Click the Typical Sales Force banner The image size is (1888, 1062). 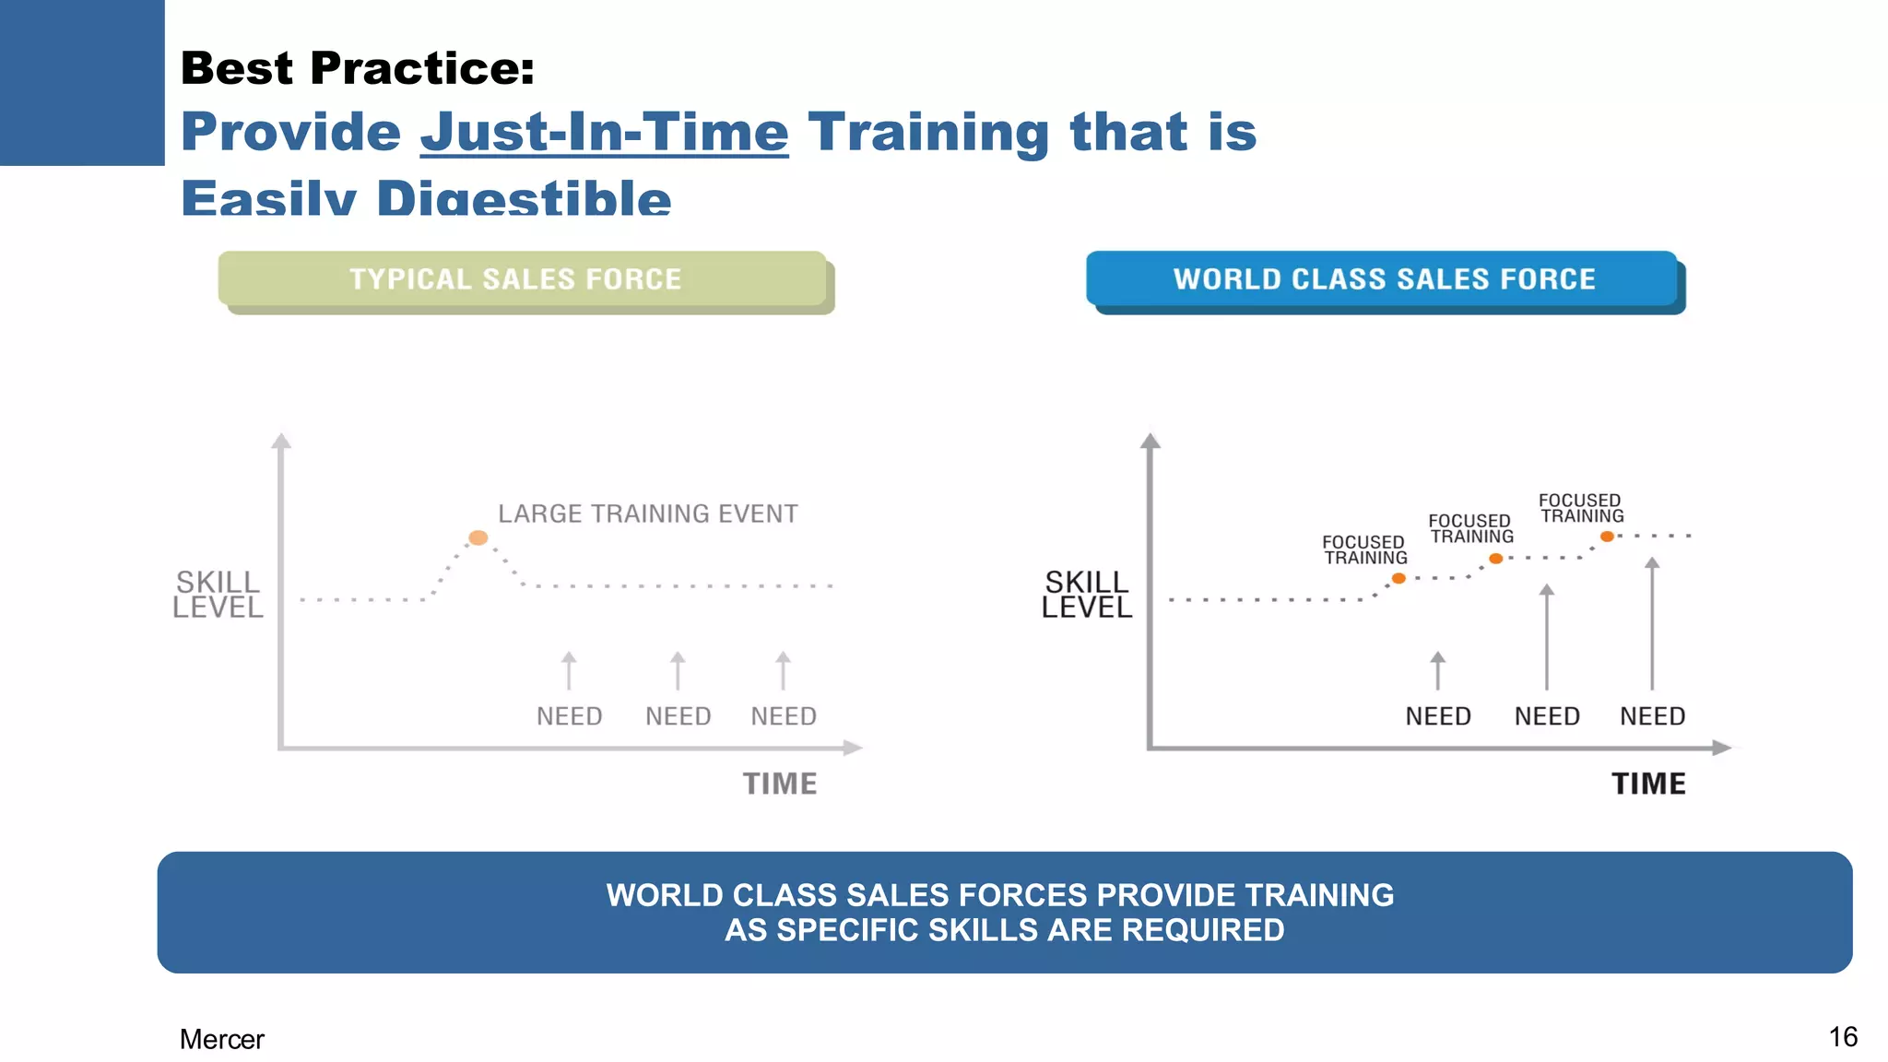pos(522,278)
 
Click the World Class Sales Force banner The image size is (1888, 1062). pos(1383,278)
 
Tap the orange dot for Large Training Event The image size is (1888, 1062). pos(478,537)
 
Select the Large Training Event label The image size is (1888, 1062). pos(647,513)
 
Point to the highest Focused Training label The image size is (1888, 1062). pos(1581,508)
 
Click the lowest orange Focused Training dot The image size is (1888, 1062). pos(1398,578)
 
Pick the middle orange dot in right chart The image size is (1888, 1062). pos(1496,559)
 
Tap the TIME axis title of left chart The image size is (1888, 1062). pos(780,784)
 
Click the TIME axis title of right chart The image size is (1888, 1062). pos(1648,784)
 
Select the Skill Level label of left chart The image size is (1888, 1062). pos(218,595)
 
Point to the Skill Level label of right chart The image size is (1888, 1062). pos(1086,595)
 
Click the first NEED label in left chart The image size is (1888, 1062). pos(569,716)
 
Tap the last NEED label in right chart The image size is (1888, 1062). pos(1652,716)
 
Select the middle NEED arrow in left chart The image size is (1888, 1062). pos(678,671)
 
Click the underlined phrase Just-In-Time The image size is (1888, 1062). pos(604,132)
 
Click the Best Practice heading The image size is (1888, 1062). pos(357,68)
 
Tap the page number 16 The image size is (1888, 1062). pos(1842,1037)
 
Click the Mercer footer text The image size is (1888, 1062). pos(221,1039)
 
